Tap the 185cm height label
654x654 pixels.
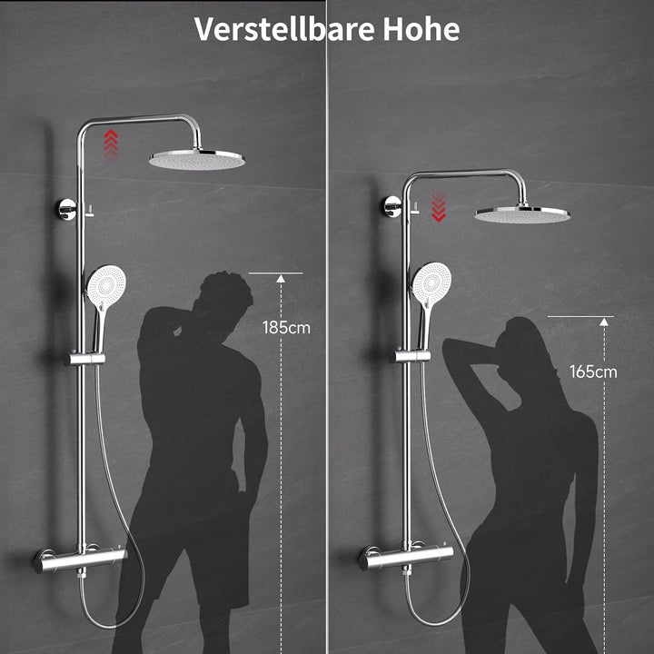point(286,328)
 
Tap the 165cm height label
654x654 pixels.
point(593,372)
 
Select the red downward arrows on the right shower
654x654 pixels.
point(439,207)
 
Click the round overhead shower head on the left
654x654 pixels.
point(197,159)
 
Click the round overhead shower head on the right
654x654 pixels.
point(522,214)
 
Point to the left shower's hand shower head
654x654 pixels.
point(106,286)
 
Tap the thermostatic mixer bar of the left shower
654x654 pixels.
point(80,560)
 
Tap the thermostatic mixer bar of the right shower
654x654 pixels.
point(405,557)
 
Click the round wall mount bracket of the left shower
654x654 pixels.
point(66,210)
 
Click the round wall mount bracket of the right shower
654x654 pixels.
point(392,206)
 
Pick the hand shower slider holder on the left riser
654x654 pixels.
point(84,359)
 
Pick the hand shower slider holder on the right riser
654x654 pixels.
point(410,356)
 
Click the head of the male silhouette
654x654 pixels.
point(225,292)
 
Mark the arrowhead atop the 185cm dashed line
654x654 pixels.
point(281,279)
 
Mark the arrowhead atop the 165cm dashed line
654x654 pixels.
point(603,322)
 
